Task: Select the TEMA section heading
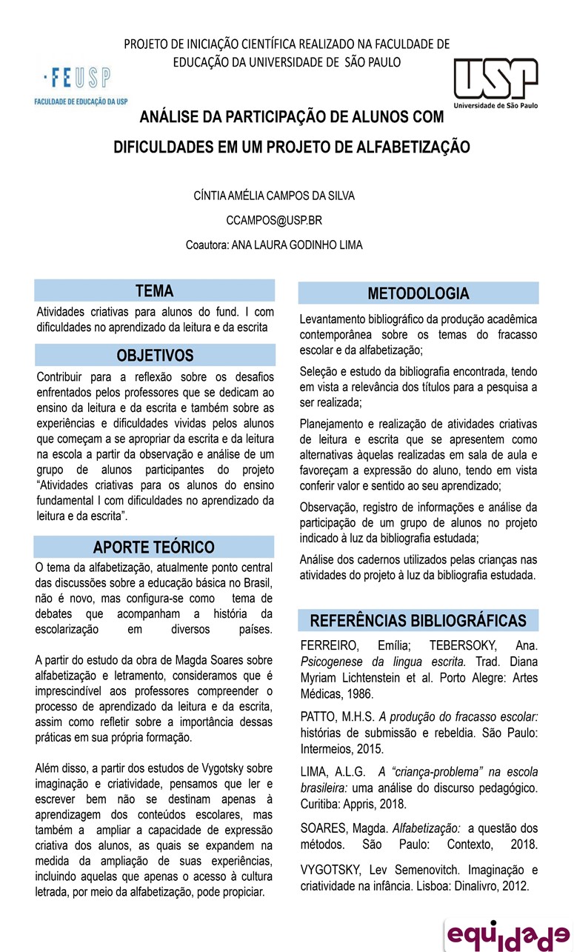click(154, 291)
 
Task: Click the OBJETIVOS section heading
click(155, 356)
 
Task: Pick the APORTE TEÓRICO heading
click(154, 547)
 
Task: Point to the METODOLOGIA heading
click(418, 293)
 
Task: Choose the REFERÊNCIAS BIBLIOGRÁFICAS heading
click(418, 621)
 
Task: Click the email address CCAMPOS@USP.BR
click(273, 220)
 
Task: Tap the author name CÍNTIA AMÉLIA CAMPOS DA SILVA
click(273, 196)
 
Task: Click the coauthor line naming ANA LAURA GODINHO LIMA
click(274, 244)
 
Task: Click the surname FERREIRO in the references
click(328, 645)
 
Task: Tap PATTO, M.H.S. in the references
click(338, 716)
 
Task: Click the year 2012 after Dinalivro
click(514, 886)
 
